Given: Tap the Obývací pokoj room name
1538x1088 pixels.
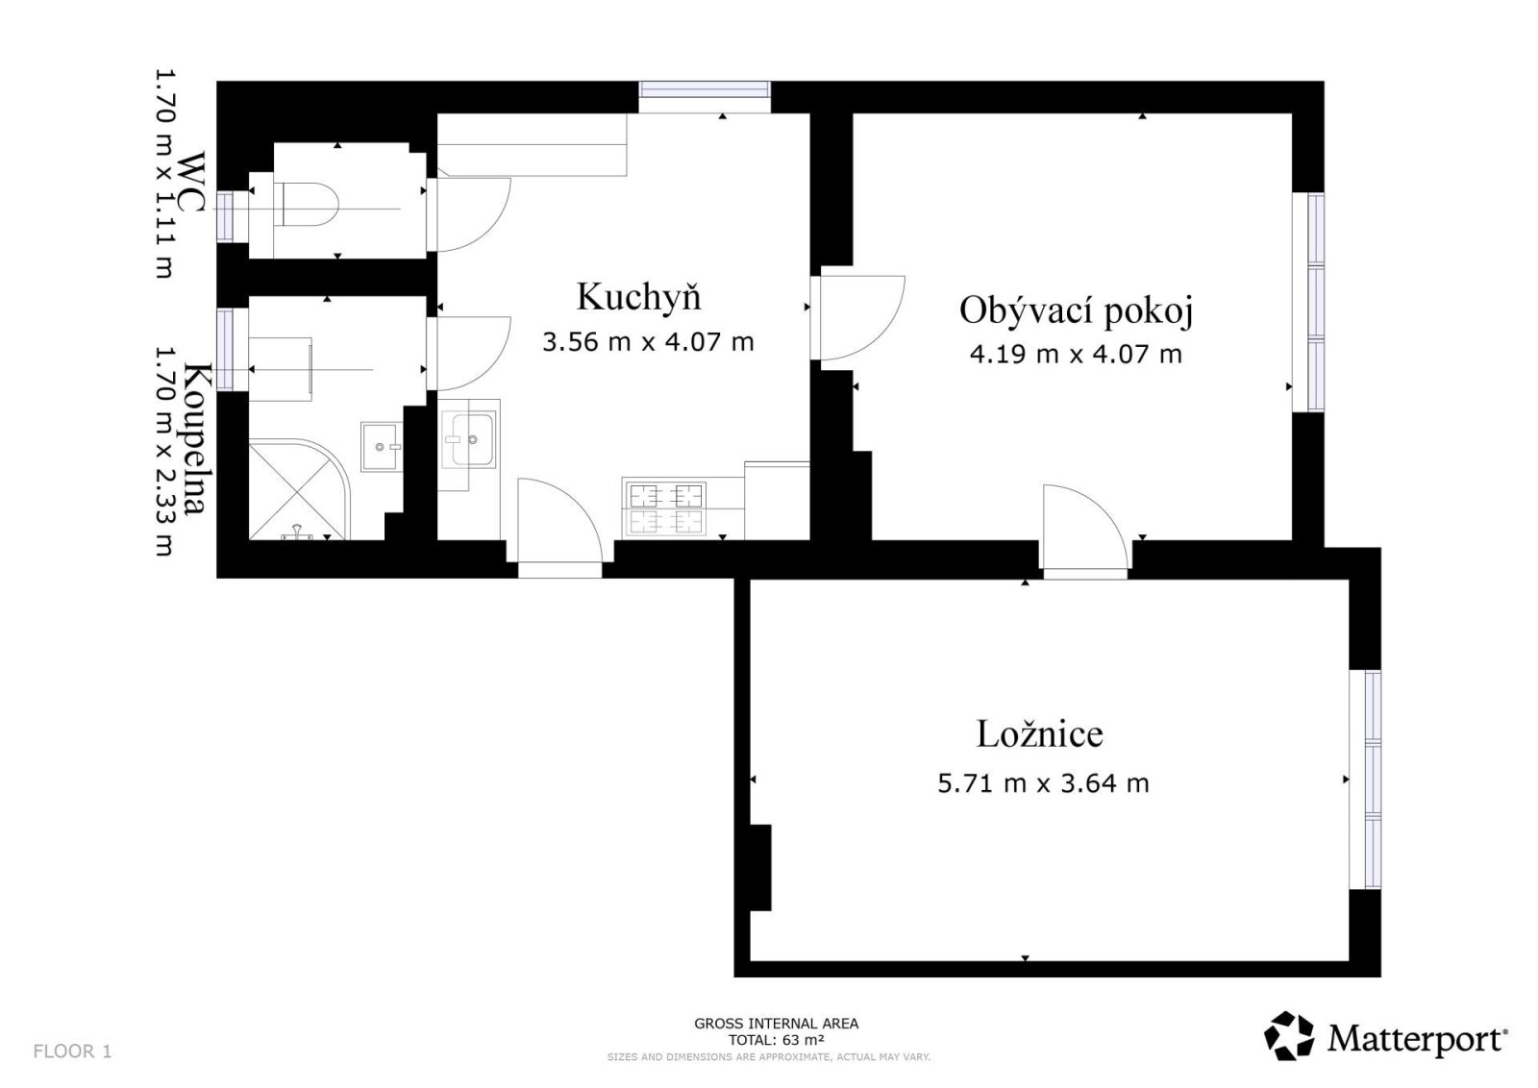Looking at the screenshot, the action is point(1076,311).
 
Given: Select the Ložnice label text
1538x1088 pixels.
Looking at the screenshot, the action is point(1039,733).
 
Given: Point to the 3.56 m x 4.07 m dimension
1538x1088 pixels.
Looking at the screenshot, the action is point(648,342).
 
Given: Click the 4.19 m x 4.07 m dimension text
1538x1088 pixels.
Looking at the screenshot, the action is point(1076,355).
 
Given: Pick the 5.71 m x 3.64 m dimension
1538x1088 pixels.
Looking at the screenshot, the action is point(1043,783).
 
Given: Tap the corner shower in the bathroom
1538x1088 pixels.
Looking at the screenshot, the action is point(299,490).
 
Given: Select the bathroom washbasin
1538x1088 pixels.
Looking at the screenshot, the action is point(382,447).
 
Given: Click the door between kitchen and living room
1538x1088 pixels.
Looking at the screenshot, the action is point(857,318).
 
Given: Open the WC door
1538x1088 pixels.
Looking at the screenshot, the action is point(468,215).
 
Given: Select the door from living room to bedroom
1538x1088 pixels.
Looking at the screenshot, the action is point(1085,528).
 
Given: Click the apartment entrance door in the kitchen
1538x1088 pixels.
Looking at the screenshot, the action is point(559,522).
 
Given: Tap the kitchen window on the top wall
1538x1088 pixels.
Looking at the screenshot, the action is point(705,97).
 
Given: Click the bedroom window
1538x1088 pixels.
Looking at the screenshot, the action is point(1365,779).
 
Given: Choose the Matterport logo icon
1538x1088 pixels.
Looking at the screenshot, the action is point(1289,1035).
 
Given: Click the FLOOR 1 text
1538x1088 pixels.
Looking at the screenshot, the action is point(72,1051).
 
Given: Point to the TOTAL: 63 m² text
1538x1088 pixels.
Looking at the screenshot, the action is point(776,1040).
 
